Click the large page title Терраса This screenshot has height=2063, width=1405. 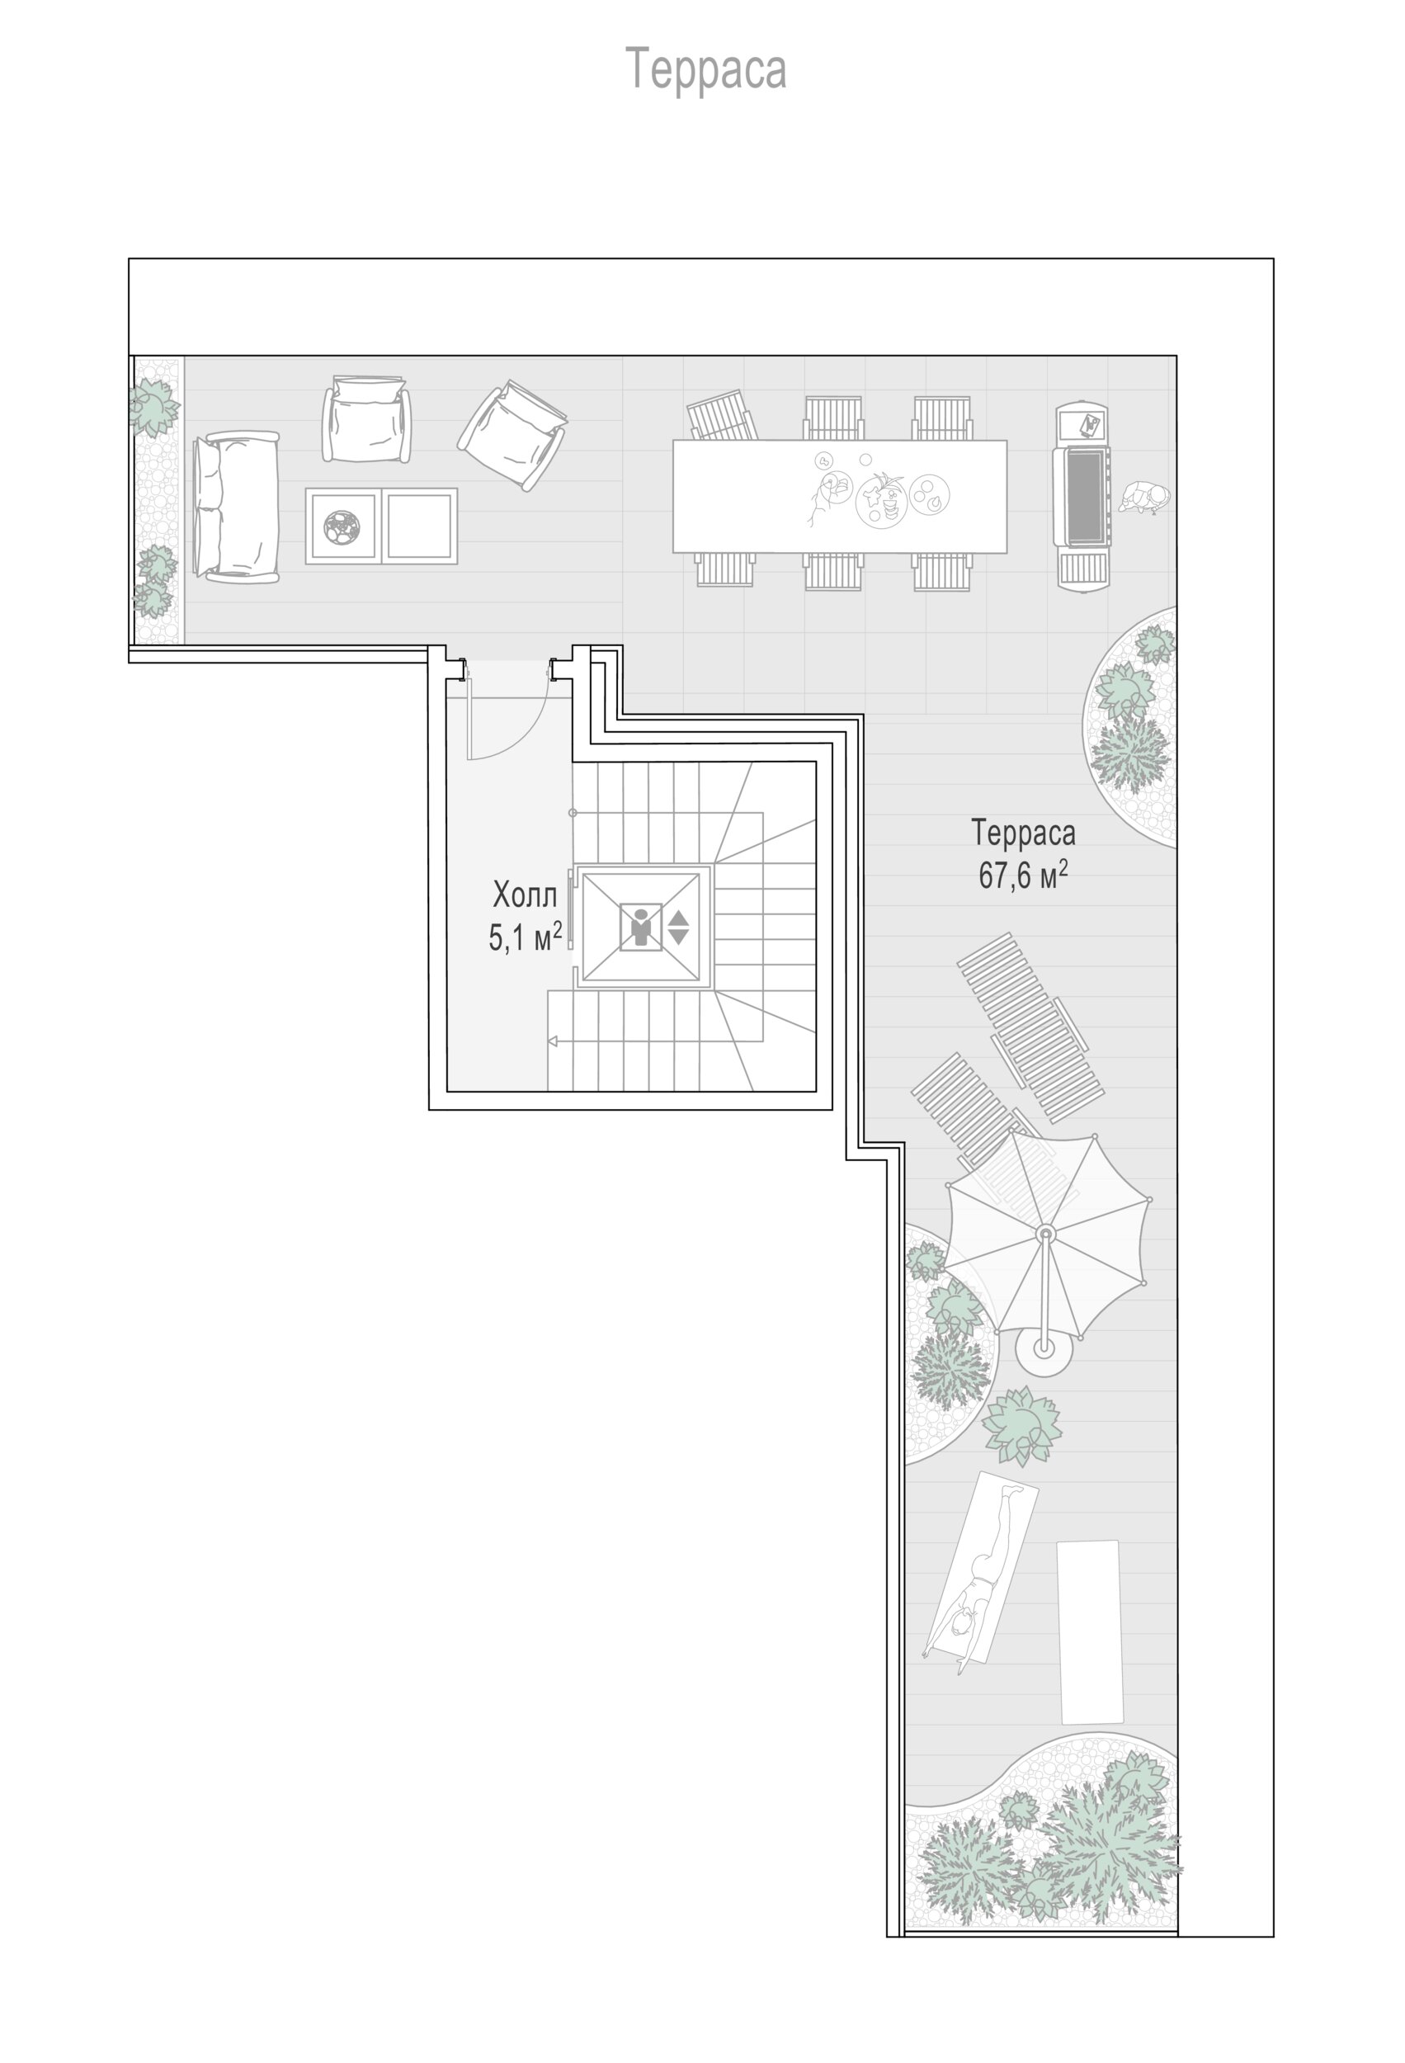coord(706,69)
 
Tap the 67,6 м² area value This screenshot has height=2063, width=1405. coord(1022,876)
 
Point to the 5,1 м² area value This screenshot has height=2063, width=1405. coord(526,937)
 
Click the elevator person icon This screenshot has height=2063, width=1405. coord(640,927)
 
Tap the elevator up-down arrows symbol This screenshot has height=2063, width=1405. coord(678,928)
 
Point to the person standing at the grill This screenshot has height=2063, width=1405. coord(1143,499)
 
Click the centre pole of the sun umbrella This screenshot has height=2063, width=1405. coord(1045,1233)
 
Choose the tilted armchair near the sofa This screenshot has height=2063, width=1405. coord(513,436)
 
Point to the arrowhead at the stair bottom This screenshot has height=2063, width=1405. coord(553,1041)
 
